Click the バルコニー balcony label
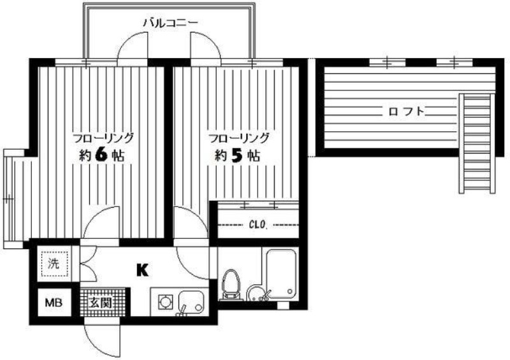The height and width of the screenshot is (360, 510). (170, 23)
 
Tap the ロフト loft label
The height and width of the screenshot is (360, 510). (407, 112)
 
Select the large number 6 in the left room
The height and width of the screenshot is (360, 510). (101, 155)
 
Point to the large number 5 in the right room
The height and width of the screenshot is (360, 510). (237, 156)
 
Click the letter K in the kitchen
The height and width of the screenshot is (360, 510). (142, 270)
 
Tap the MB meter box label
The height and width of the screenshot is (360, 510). (54, 303)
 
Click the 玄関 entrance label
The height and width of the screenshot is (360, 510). (100, 303)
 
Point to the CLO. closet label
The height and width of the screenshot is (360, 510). (258, 224)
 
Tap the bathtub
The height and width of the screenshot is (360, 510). (281, 273)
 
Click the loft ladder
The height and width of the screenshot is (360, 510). (477, 143)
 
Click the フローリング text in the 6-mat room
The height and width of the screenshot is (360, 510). (103, 138)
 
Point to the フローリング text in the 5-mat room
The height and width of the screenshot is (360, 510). (238, 138)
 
